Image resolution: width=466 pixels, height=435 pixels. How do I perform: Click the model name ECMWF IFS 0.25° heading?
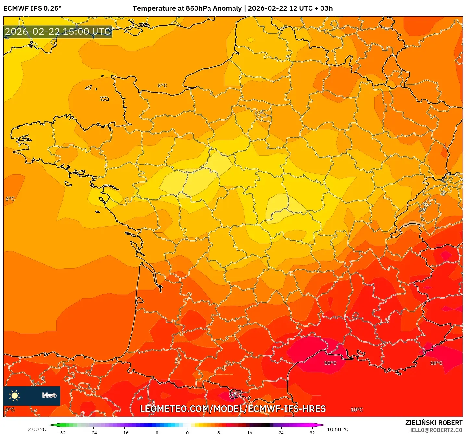point(32,8)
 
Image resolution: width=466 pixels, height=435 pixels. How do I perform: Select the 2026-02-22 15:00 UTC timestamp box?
point(58,32)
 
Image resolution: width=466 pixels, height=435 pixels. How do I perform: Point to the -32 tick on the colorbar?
point(62,432)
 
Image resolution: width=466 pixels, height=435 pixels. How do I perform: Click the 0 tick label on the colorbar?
point(187,432)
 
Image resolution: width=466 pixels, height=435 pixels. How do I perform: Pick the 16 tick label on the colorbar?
point(249,432)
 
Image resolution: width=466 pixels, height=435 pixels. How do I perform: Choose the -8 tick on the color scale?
point(156,432)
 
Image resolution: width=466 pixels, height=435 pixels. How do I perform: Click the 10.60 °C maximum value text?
point(337,429)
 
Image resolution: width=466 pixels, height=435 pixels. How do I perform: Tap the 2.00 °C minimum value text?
point(37,429)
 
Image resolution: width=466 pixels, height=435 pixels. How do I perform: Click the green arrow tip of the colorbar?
point(51,425)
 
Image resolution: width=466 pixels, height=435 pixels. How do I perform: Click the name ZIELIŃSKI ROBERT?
point(434,423)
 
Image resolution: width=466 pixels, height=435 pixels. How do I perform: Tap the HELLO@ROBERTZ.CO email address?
point(435,430)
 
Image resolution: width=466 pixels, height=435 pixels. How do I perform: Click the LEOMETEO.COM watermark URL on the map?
point(233,409)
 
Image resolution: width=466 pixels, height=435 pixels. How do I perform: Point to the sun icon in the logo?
point(15,395)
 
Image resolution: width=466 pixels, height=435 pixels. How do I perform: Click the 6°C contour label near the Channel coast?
point(162,86)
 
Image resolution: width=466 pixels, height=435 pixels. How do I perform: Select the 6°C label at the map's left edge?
point(10,199)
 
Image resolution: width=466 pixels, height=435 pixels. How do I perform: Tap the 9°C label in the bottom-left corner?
point(10,409)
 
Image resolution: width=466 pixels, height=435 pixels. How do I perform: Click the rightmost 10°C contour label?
point(436,363)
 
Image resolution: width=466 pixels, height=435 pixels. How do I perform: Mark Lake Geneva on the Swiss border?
point(412,224)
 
